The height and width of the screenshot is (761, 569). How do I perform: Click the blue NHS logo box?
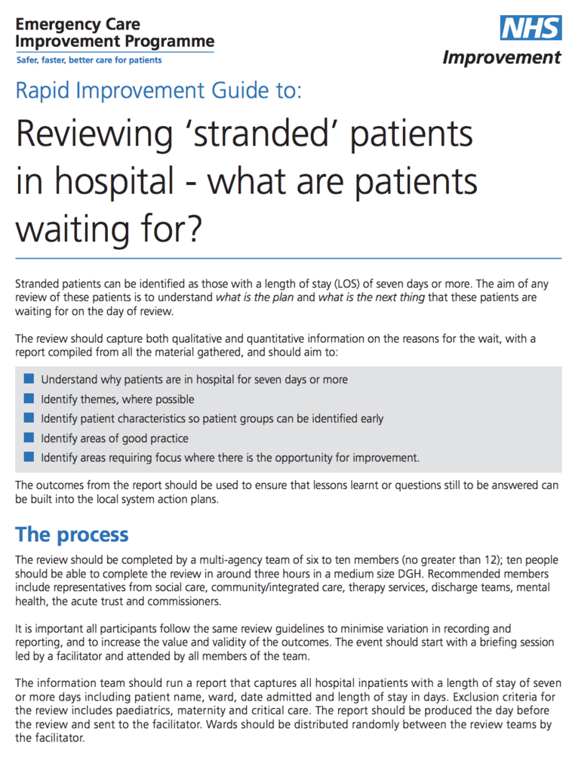[531, 28]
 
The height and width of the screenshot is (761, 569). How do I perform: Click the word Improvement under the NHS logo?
[502, 57]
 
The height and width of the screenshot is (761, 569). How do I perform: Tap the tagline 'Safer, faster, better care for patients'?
[89, 60]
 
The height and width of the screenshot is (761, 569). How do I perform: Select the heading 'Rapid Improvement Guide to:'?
[158, 91]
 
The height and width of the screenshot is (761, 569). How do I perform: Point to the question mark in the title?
[194, 229]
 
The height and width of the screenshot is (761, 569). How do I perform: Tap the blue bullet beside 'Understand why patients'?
[29, 378]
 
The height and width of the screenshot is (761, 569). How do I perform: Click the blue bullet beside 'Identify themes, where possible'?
[29, 399]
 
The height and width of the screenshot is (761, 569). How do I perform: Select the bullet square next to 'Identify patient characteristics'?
[29, 418]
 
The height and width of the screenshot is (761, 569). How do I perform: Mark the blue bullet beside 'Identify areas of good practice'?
[29, 438]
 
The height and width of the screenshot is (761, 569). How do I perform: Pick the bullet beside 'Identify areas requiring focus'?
[29, 458]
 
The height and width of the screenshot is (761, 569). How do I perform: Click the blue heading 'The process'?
[72, 535]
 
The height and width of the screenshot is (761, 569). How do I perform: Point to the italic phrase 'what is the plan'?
[254, 297]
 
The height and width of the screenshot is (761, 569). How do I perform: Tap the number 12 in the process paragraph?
[489, 560]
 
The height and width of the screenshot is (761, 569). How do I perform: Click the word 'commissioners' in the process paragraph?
[186, 601]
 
